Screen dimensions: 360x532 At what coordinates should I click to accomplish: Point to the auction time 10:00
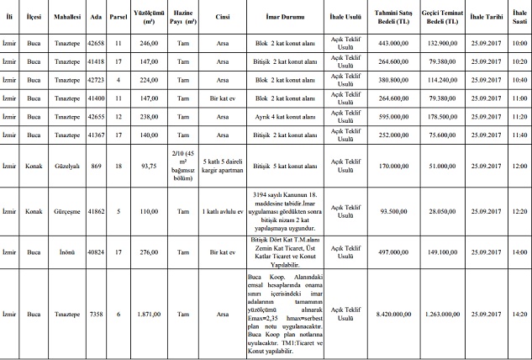click(x=519, y=42)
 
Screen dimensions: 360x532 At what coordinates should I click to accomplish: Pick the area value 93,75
click(x=150, y=166)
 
